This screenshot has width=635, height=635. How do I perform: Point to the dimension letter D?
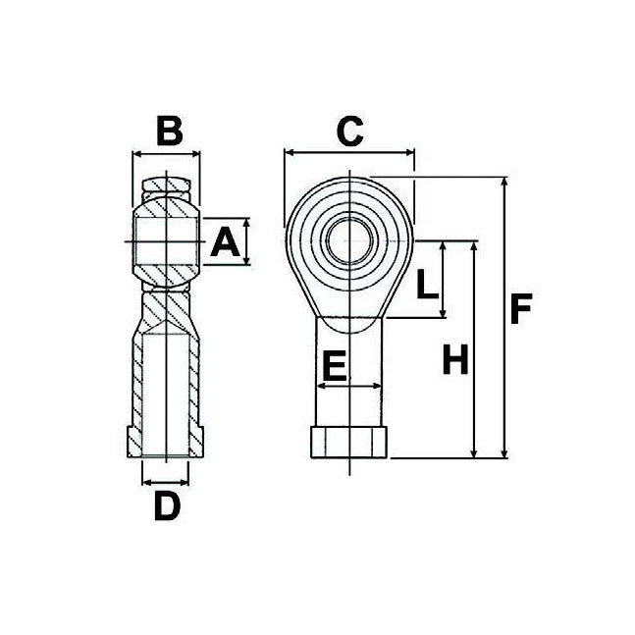tap(168, 505)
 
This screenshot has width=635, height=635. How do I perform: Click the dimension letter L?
tap(425, 285)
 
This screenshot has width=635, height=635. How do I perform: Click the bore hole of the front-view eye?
tap(348, 239)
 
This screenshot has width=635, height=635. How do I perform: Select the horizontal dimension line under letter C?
tap(349, 152)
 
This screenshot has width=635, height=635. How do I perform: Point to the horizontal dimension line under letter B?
tap(167, 153)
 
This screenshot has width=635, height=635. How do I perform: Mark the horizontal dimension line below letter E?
tap(348, 386)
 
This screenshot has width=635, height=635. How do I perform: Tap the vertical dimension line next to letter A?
tap(246, 241)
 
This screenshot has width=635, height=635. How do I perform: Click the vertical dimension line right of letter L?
tap(444, 279)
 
